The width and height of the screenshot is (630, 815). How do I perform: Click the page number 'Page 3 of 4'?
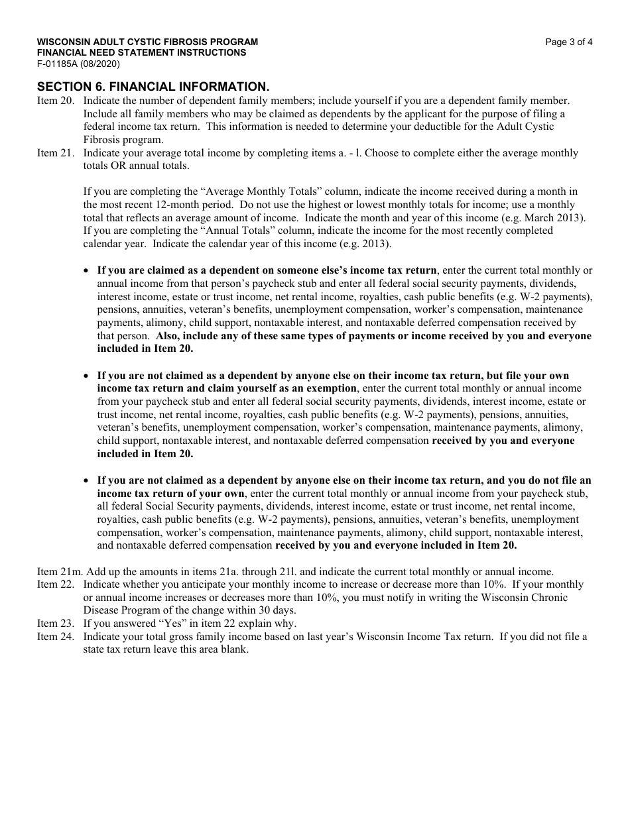[568, 42]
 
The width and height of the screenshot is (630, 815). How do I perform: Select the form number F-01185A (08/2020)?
[78, 64]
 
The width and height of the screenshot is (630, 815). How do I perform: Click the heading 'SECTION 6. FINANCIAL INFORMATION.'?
[153, 87]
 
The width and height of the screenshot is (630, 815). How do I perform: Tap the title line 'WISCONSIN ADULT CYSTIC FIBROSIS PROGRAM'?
[147, 42]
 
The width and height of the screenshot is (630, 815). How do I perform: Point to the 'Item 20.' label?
[56, 101]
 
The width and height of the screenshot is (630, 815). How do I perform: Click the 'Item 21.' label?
[56, 153]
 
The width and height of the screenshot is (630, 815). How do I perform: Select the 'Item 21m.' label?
[58, 572]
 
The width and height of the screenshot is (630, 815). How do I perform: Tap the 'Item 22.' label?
[56, 584]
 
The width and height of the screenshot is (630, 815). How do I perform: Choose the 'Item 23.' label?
[56, 624]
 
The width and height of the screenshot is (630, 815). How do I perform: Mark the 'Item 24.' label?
[56, 637]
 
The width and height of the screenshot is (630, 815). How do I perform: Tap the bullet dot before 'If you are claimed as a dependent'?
[87, 271]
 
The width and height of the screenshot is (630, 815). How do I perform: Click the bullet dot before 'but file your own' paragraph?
[87, 376]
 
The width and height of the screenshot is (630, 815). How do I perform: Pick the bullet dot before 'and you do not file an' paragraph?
[87, 480]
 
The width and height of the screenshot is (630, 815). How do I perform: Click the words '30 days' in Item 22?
[278, 610]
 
